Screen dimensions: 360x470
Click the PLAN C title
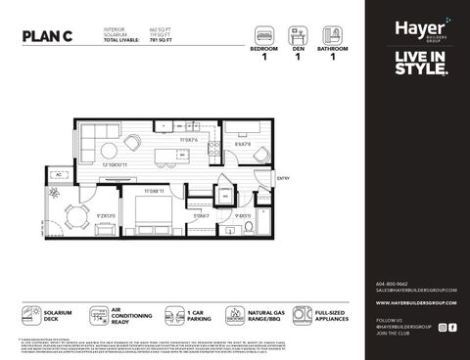(50, 37)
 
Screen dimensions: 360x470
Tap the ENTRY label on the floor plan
(284, 178)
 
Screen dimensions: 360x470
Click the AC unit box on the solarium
(61, 174)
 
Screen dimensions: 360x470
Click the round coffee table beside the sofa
(133, 142)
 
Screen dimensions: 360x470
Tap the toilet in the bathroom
(250, 225)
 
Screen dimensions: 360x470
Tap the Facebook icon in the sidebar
(452, 327)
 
